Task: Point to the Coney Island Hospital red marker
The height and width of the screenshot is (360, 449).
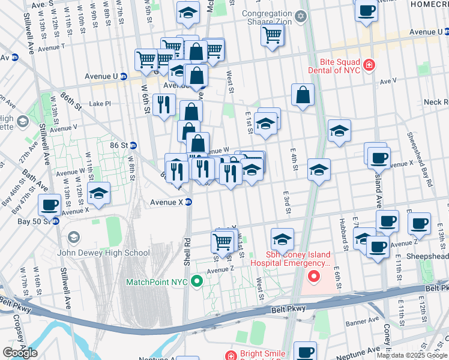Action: click(313, 277)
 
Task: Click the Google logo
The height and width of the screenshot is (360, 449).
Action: click(19, 352)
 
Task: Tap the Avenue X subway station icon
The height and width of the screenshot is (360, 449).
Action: click(188, 202)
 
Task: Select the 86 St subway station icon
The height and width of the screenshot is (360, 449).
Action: click(133, 145)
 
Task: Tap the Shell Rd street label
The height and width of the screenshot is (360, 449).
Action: click(187, 253)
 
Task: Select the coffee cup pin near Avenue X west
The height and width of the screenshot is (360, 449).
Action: click(49, 204)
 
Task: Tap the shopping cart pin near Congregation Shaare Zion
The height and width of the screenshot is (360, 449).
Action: click(272, 35)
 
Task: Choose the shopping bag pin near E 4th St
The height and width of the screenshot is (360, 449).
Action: click(303, 94)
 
